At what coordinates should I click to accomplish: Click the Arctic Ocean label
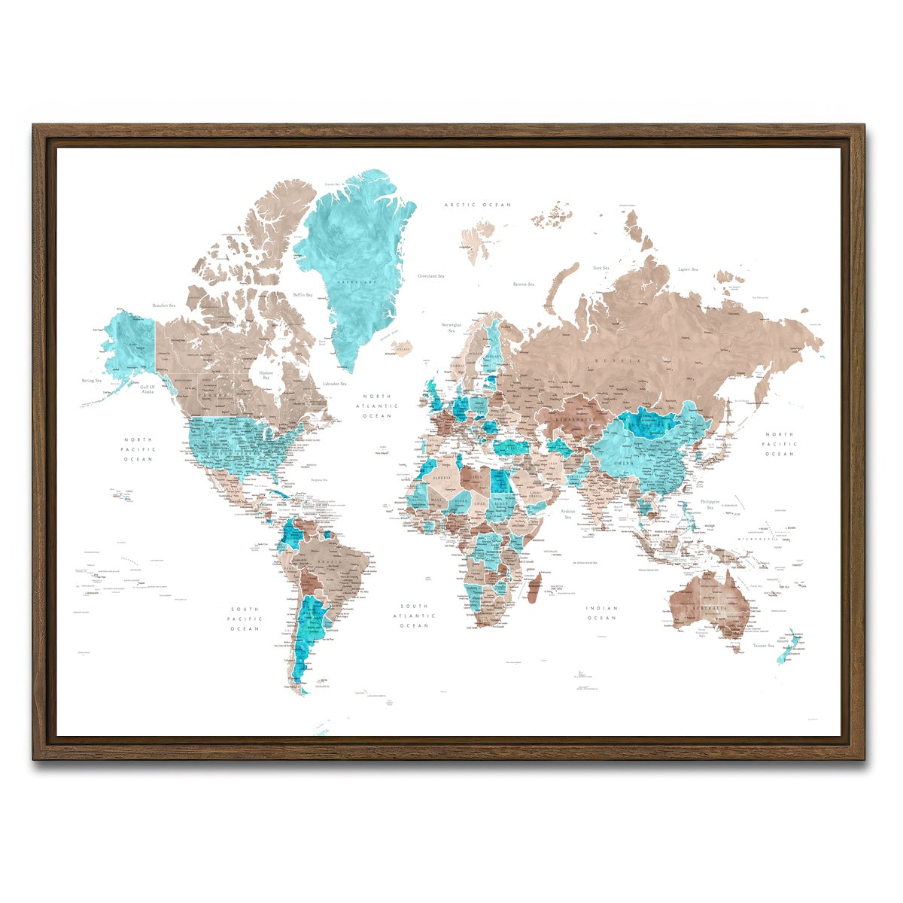pyautogui.click(x=477, y=205)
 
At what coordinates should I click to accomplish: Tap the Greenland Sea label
pyautogui.click(x=431, y=276)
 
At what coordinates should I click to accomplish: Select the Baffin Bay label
pyautogui.click(x=303, y=295)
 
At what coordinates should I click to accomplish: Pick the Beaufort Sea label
pyautogui.click(x=163, y=306)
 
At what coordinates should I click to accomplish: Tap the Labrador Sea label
pyautogui.click(x=334, y=385)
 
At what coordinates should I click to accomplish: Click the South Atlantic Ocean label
pyautogui.click(x=414, y=616)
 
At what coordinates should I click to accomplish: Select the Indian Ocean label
pyautogui.click(x=602, y=613)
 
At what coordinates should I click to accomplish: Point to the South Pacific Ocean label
pyautogui.click(x=245, y=619)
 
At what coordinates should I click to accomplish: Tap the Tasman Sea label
pyautogui.click(x=763, y=646)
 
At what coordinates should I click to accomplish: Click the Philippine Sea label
pyautogui.click(x=710, y=504)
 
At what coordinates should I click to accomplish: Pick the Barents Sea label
pyautogui.click(x=523, y=284)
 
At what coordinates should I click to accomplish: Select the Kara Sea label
pyautogui.click(x=600, y=268)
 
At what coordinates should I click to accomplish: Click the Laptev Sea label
pyautogui.click(x=688, y=269)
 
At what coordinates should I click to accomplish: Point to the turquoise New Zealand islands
pyautogui.click(x=790, y=647)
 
